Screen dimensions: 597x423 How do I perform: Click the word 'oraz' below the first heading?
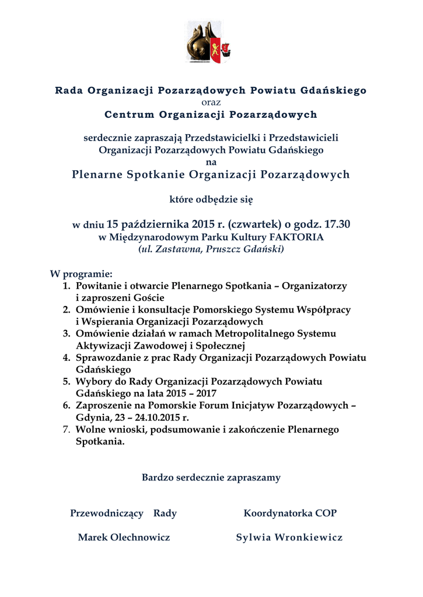pos(211,102)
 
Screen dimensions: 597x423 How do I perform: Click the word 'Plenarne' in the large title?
pos(96,174)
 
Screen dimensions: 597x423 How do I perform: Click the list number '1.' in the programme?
pos(67,286)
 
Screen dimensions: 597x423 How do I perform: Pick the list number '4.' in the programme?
pos(67,357)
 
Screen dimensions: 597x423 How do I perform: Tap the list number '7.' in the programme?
pos(67,430)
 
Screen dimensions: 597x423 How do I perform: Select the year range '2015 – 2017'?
pos(191,394)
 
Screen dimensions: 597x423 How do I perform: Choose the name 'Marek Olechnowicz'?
pos(124,538)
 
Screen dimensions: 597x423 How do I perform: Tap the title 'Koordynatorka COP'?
pos(290,514)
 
